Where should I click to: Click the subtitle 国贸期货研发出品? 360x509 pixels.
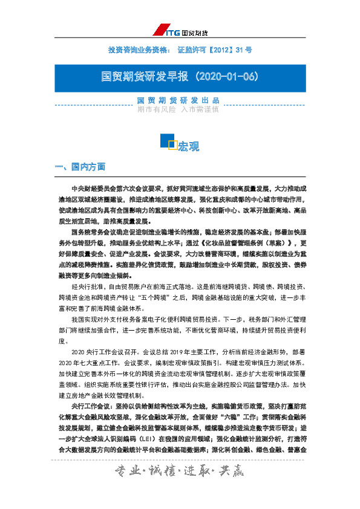[180, 100]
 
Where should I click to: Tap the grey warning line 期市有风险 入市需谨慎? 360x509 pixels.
[180, 109]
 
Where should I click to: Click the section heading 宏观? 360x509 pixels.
[188, 146]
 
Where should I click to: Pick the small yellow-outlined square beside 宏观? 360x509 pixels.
[172, 144]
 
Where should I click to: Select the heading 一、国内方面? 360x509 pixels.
[80, 167]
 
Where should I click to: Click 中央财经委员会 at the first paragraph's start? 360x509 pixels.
[91, 188]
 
